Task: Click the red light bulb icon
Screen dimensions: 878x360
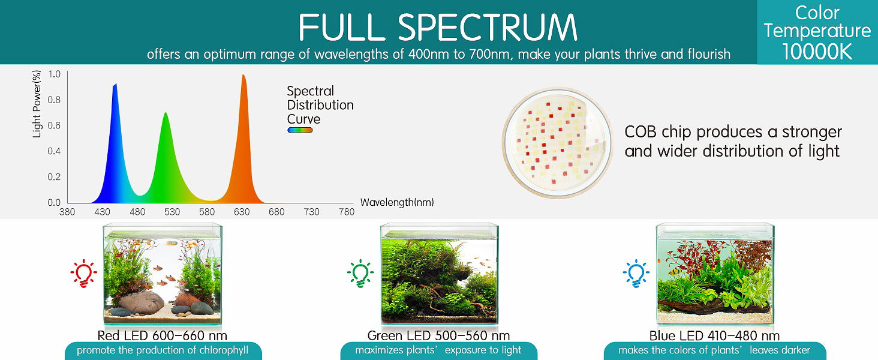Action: [83, 274]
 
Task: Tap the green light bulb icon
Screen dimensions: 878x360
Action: [360, 274]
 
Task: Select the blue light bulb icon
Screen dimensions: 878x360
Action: [636, 274]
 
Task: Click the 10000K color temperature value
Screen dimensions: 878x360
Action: [817, 52]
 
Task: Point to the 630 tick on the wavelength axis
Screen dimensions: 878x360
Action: [242, 212]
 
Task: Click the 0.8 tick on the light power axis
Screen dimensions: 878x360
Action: [54, 100]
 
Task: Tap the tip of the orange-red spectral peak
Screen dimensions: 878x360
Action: [243, 75]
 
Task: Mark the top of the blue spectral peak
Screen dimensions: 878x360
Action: [115, 84]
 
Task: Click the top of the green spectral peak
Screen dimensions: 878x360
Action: [166, 113]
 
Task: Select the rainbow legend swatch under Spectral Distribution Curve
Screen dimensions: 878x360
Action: [300, 130]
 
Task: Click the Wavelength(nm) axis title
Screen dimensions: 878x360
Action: [397, 202]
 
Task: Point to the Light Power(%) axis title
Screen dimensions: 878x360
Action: [37, 104]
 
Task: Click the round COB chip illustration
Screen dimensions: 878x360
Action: [557, 143]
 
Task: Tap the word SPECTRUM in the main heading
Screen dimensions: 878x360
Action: [488, 27]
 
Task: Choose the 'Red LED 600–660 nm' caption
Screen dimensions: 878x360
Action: [163, 335]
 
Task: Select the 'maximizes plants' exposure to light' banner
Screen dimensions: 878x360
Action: [438, 350]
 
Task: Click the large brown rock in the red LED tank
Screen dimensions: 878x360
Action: [141, 302]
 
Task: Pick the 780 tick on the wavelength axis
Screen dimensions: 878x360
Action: [347, 212]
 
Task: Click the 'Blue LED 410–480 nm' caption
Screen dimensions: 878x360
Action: [714, 335]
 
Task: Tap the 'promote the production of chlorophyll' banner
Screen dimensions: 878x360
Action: [163, 350]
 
